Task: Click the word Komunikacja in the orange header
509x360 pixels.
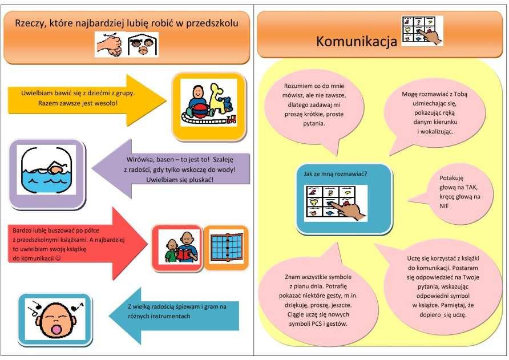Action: pos(357,42)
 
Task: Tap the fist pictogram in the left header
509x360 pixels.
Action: pos(110,45)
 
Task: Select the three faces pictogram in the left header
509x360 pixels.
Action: pos(143,45)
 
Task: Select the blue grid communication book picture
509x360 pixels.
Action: pos(227,248)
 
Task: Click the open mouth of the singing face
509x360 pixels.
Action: pos(56,330)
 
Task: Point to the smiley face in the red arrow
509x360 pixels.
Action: pos(58,258)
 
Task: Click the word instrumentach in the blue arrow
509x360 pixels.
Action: pos(172,316)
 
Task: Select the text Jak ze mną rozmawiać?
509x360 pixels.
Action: pos(336,174)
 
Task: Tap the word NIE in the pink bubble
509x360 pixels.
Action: pos(444,206)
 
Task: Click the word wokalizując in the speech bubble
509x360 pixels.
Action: pos(437,132)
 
